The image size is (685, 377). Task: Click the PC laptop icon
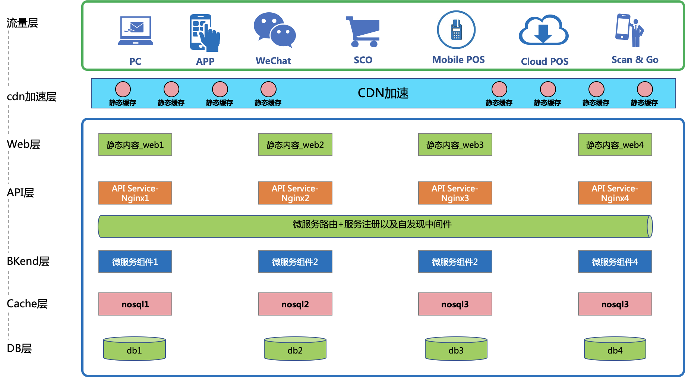(x=135, y=31)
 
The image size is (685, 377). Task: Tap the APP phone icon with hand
(x=205, y=33)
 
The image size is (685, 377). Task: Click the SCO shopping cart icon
(x=363, y=32)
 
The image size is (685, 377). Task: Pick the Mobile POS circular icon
(x=456, y=30)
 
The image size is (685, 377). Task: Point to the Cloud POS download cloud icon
(x=543, y=30)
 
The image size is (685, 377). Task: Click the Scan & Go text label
(x=635, y=60)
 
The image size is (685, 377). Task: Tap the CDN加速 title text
(x=383, y=93)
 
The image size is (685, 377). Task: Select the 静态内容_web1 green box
(x=135, y=145)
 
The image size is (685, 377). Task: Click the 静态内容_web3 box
(x=455, y=145)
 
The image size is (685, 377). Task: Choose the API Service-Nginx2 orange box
(x=295, y=193)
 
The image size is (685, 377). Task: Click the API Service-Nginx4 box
(x=615, y=193)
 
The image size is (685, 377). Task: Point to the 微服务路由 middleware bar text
(x=372, y=224)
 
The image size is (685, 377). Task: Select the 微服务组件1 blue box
(x=135, y=262)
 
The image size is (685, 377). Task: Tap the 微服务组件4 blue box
(x=615, y=262)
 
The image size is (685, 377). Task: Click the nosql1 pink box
(x=135, y=304)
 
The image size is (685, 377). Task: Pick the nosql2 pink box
(x=295, y=304)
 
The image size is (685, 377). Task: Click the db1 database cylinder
(x=135, y=349)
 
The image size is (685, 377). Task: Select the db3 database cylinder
(x=456, y=349)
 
